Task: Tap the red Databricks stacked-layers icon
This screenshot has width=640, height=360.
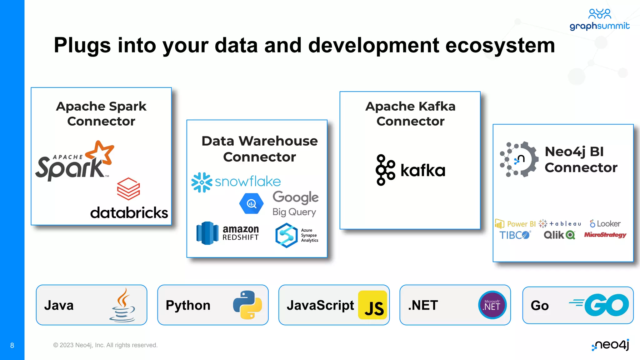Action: pos(128,189)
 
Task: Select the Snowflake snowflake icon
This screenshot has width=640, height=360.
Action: pos(202,182)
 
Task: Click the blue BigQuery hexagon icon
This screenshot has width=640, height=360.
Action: pos(252,204)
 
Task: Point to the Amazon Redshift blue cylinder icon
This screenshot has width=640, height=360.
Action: pos(207,233)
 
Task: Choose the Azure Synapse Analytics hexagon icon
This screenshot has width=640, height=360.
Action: pos(286,235)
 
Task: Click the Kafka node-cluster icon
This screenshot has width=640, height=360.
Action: pos(385,170)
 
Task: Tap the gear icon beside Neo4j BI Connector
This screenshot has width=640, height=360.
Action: pos(520,159)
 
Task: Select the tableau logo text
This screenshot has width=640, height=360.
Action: pos(565,223)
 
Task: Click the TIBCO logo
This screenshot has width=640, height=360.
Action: pos(515,235)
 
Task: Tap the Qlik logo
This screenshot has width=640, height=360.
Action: pos(559,235)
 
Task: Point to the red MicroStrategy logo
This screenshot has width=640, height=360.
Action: pos(605,235)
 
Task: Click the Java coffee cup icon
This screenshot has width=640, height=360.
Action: pos(123,305)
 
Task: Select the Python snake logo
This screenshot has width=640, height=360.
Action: pos(247,305)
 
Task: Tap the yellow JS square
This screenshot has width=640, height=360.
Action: pos(372,305)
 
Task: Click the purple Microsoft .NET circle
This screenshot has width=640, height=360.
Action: pos(492,305)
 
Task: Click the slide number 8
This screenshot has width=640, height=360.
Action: pos(12,345)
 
